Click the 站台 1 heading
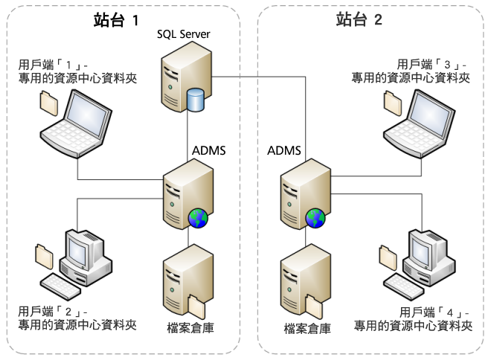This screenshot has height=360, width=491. click(116, 20)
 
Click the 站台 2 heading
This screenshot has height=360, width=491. click(359, 20)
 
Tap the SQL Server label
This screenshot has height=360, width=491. click(183, 35)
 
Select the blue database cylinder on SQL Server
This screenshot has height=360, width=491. click(196, 100)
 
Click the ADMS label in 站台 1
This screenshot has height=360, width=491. click(208, 151)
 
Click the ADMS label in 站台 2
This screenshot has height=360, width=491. click(283, 151)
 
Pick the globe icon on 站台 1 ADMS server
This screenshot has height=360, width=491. click(198, 218)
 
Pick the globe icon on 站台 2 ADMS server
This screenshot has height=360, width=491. click(315, 218)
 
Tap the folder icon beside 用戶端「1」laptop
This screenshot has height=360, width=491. click(48, 103)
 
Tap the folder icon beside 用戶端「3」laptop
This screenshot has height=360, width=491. click(391, 103)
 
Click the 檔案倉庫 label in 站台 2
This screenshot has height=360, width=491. click(307, 328)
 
